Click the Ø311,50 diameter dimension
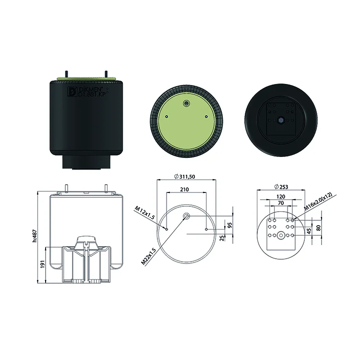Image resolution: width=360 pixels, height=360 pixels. [x=184, y=177]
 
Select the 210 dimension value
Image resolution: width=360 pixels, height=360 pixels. [x=184, y=190]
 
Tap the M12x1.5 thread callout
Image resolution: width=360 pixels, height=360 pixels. [x=144, y=213]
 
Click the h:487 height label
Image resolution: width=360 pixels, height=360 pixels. [x=35, y=236]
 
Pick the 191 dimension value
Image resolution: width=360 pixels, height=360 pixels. [x=42, y=264]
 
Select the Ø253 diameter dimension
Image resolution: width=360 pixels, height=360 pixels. [x=281, y=187]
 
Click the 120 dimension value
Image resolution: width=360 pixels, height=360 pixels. [x=281, y=196]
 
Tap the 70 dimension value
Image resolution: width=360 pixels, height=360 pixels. [x=281, y=203]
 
